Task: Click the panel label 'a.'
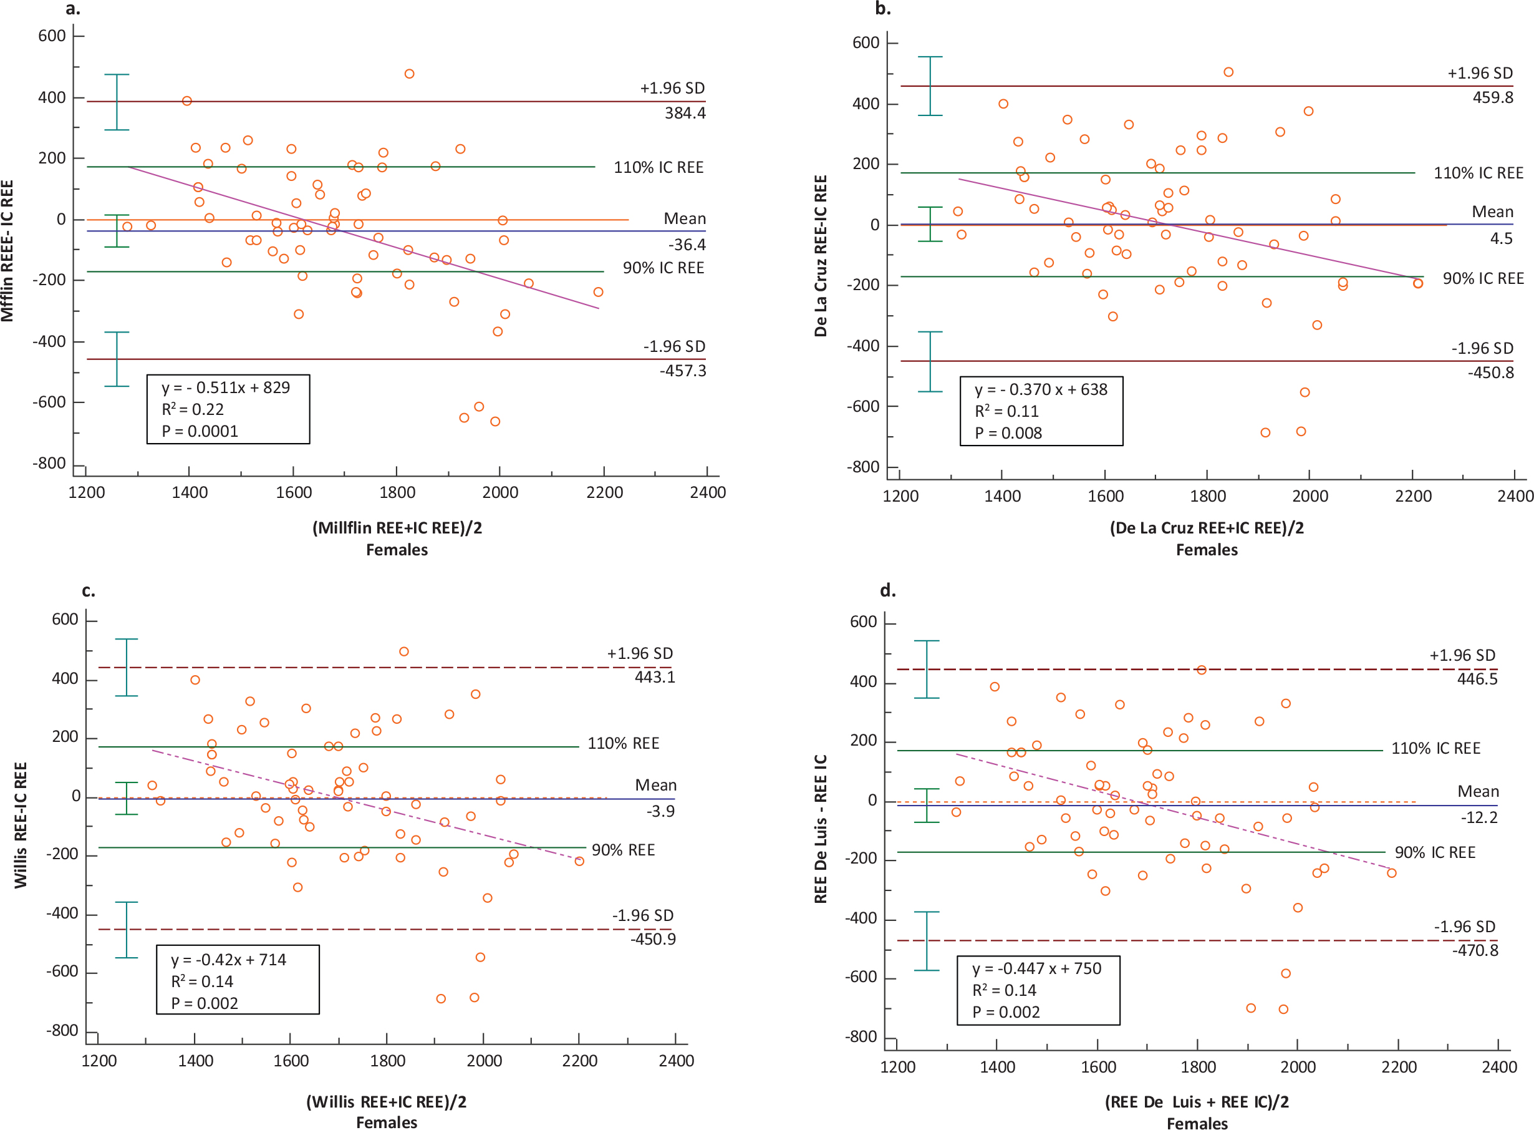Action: click(x=72, y=9)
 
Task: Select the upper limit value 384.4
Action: click(x=685, y=113)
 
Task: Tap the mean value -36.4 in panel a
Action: click(x=687, y=244)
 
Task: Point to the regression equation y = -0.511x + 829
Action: click(x=226, y=388)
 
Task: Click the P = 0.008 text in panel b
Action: click(x=1008, y=433)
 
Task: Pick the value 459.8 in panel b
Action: click(x=1492, y=97)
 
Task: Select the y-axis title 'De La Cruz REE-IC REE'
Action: click(x=821, y=256)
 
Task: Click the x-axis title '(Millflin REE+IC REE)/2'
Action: click(x=397, y=527)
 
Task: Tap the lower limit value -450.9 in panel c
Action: click(x=653, y=938)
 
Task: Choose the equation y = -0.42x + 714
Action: click(x=228, y=960)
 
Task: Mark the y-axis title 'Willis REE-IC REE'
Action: click(x=21, y=825)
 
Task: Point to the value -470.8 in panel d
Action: click(x=1475, y=950)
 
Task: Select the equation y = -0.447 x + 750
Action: click(x=1036, y=968)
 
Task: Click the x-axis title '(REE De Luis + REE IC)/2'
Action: click(x=1196, y=1101)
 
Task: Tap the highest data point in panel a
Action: click(x=409, y=74)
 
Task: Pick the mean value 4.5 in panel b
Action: click(x=1500, y=238)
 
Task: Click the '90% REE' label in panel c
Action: click(x=623, y=850)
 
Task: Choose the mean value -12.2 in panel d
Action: click(x=1479, y=817)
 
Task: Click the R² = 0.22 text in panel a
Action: click(x=192, y=410)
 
